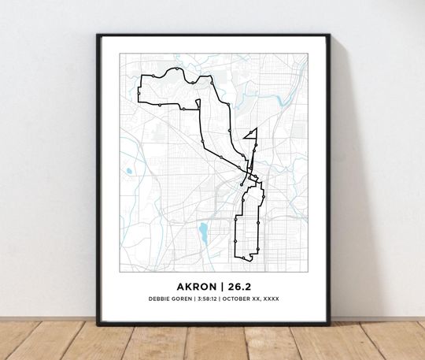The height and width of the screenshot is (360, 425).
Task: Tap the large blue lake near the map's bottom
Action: (x=203, y=232)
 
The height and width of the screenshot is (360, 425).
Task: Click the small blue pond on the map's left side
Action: (x=128, y=169)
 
